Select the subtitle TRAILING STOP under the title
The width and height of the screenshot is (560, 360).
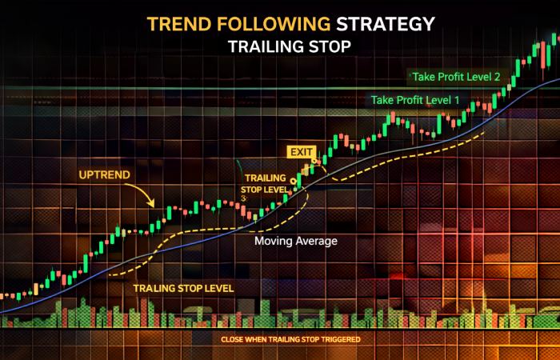pyautogui.click(x=289, y=46)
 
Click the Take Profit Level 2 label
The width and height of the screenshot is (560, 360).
pyautogui.click(x=455, y=78)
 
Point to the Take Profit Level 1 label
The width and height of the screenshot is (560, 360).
pyautogui.click(x=414, y=101)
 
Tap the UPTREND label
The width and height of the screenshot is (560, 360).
pyautogui.click(x=106, y=173)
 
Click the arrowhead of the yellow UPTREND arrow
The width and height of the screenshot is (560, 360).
pyautogui.click(x=154, y=205)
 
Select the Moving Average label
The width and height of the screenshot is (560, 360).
pyautogui.click(x=296, y=240)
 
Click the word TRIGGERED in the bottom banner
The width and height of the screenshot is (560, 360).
pyautogui.click(x=338, y=339)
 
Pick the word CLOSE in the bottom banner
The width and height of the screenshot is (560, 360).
pyautogui.click(x=233, y=339)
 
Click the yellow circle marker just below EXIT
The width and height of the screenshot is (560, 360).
pyautogui.click(x=315, y=163)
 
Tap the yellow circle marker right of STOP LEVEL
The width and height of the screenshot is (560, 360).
pyautogui.click(x=294, y=183)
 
